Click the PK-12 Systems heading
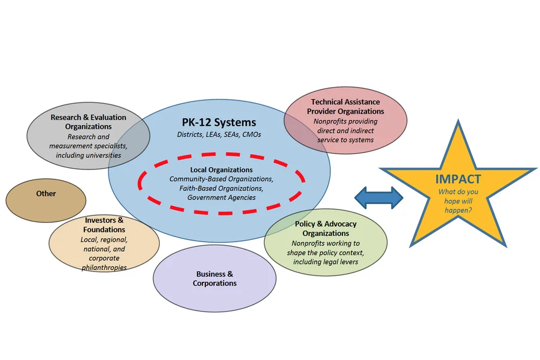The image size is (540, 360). (x=219, y=123)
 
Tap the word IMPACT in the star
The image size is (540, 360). (x=458, y=180)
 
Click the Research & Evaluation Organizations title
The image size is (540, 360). (x=89, y=121)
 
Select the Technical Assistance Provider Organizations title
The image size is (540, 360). (x=345, y=106)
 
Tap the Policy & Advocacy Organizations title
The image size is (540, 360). (x=326, y=228)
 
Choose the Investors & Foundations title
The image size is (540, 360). (x=104, y=225)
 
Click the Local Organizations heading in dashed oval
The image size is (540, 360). (x=221, y=169)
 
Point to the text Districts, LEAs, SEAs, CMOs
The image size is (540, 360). (x=219, y=134)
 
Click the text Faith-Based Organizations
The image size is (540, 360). (x=221, y=188)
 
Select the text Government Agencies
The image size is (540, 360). (x=221, y=198)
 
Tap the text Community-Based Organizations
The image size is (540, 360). (x=221, y=179)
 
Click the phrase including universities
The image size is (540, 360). (x=89, y=155)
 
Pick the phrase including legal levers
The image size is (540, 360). (x=326, y=262)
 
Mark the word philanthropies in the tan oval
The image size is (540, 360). (x=104, y=267)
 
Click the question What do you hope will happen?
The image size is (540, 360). (x=458, y=201)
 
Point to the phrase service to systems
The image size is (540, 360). (x=346, y=140)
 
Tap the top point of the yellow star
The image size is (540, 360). (x=458, y=122)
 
